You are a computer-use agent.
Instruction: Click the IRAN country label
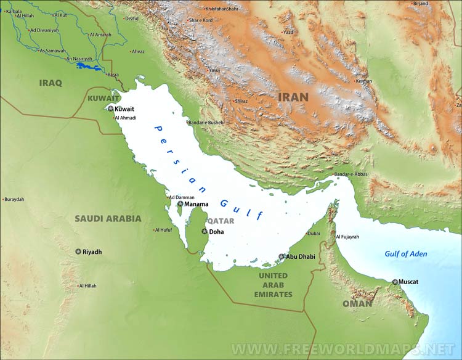(293, 97)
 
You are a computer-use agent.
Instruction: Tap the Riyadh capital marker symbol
(78, 252)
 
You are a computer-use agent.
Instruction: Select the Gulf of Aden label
(405, 254)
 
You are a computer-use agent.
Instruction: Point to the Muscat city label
(408, 282)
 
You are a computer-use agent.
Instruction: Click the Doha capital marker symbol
(205, 232)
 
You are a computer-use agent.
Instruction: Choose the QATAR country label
(221, 220)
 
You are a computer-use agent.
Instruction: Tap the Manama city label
(196, 204)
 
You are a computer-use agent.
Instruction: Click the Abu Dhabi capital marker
(282, 256)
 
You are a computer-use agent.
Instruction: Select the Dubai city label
(314, 234)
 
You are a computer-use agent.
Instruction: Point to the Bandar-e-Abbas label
(351, 174)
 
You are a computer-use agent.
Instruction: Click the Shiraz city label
(241, 101)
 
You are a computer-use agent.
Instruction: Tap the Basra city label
(113, 75)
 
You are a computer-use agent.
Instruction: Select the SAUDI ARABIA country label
(108, 218)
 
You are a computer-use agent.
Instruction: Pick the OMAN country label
(357, 303)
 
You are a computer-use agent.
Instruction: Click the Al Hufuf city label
(164, 230)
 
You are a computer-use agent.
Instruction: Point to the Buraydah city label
(14, 199)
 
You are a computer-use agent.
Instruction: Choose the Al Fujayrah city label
(347, 237)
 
